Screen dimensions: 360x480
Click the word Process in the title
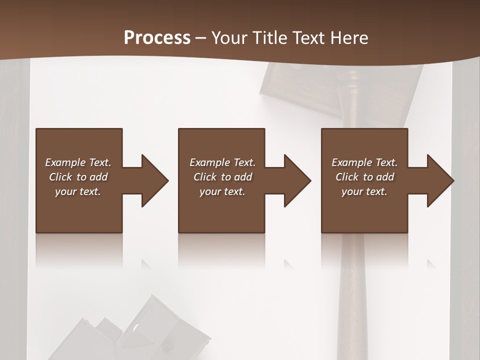click(157, 38)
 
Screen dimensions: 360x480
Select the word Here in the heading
click(348, 38)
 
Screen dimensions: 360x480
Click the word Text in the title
click(308, 38)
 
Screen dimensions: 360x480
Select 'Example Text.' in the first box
click(78, 162)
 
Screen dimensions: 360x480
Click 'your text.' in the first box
click(78, 191)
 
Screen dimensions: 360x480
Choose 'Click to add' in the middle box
click(222, 177)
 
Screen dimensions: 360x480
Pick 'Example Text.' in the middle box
click(222, 162)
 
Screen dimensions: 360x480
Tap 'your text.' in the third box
click(364, 191)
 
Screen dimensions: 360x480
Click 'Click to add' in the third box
click(364, 177)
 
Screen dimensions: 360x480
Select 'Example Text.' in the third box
click(364, 162)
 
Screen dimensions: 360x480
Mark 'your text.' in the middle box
click(222, 191)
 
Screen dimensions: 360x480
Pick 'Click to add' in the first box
click(78, 177)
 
